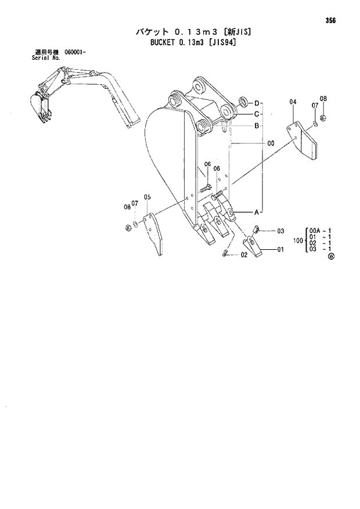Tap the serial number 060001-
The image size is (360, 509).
(75, 53)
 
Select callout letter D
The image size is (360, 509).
(257, 103)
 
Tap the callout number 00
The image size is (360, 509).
(271, 143)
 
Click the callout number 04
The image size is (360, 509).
(293, 102)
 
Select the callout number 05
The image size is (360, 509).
(147, 198)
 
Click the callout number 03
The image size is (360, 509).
(280, 231)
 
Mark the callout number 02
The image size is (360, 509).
(244, 254)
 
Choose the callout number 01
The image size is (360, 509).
(280, 250)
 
